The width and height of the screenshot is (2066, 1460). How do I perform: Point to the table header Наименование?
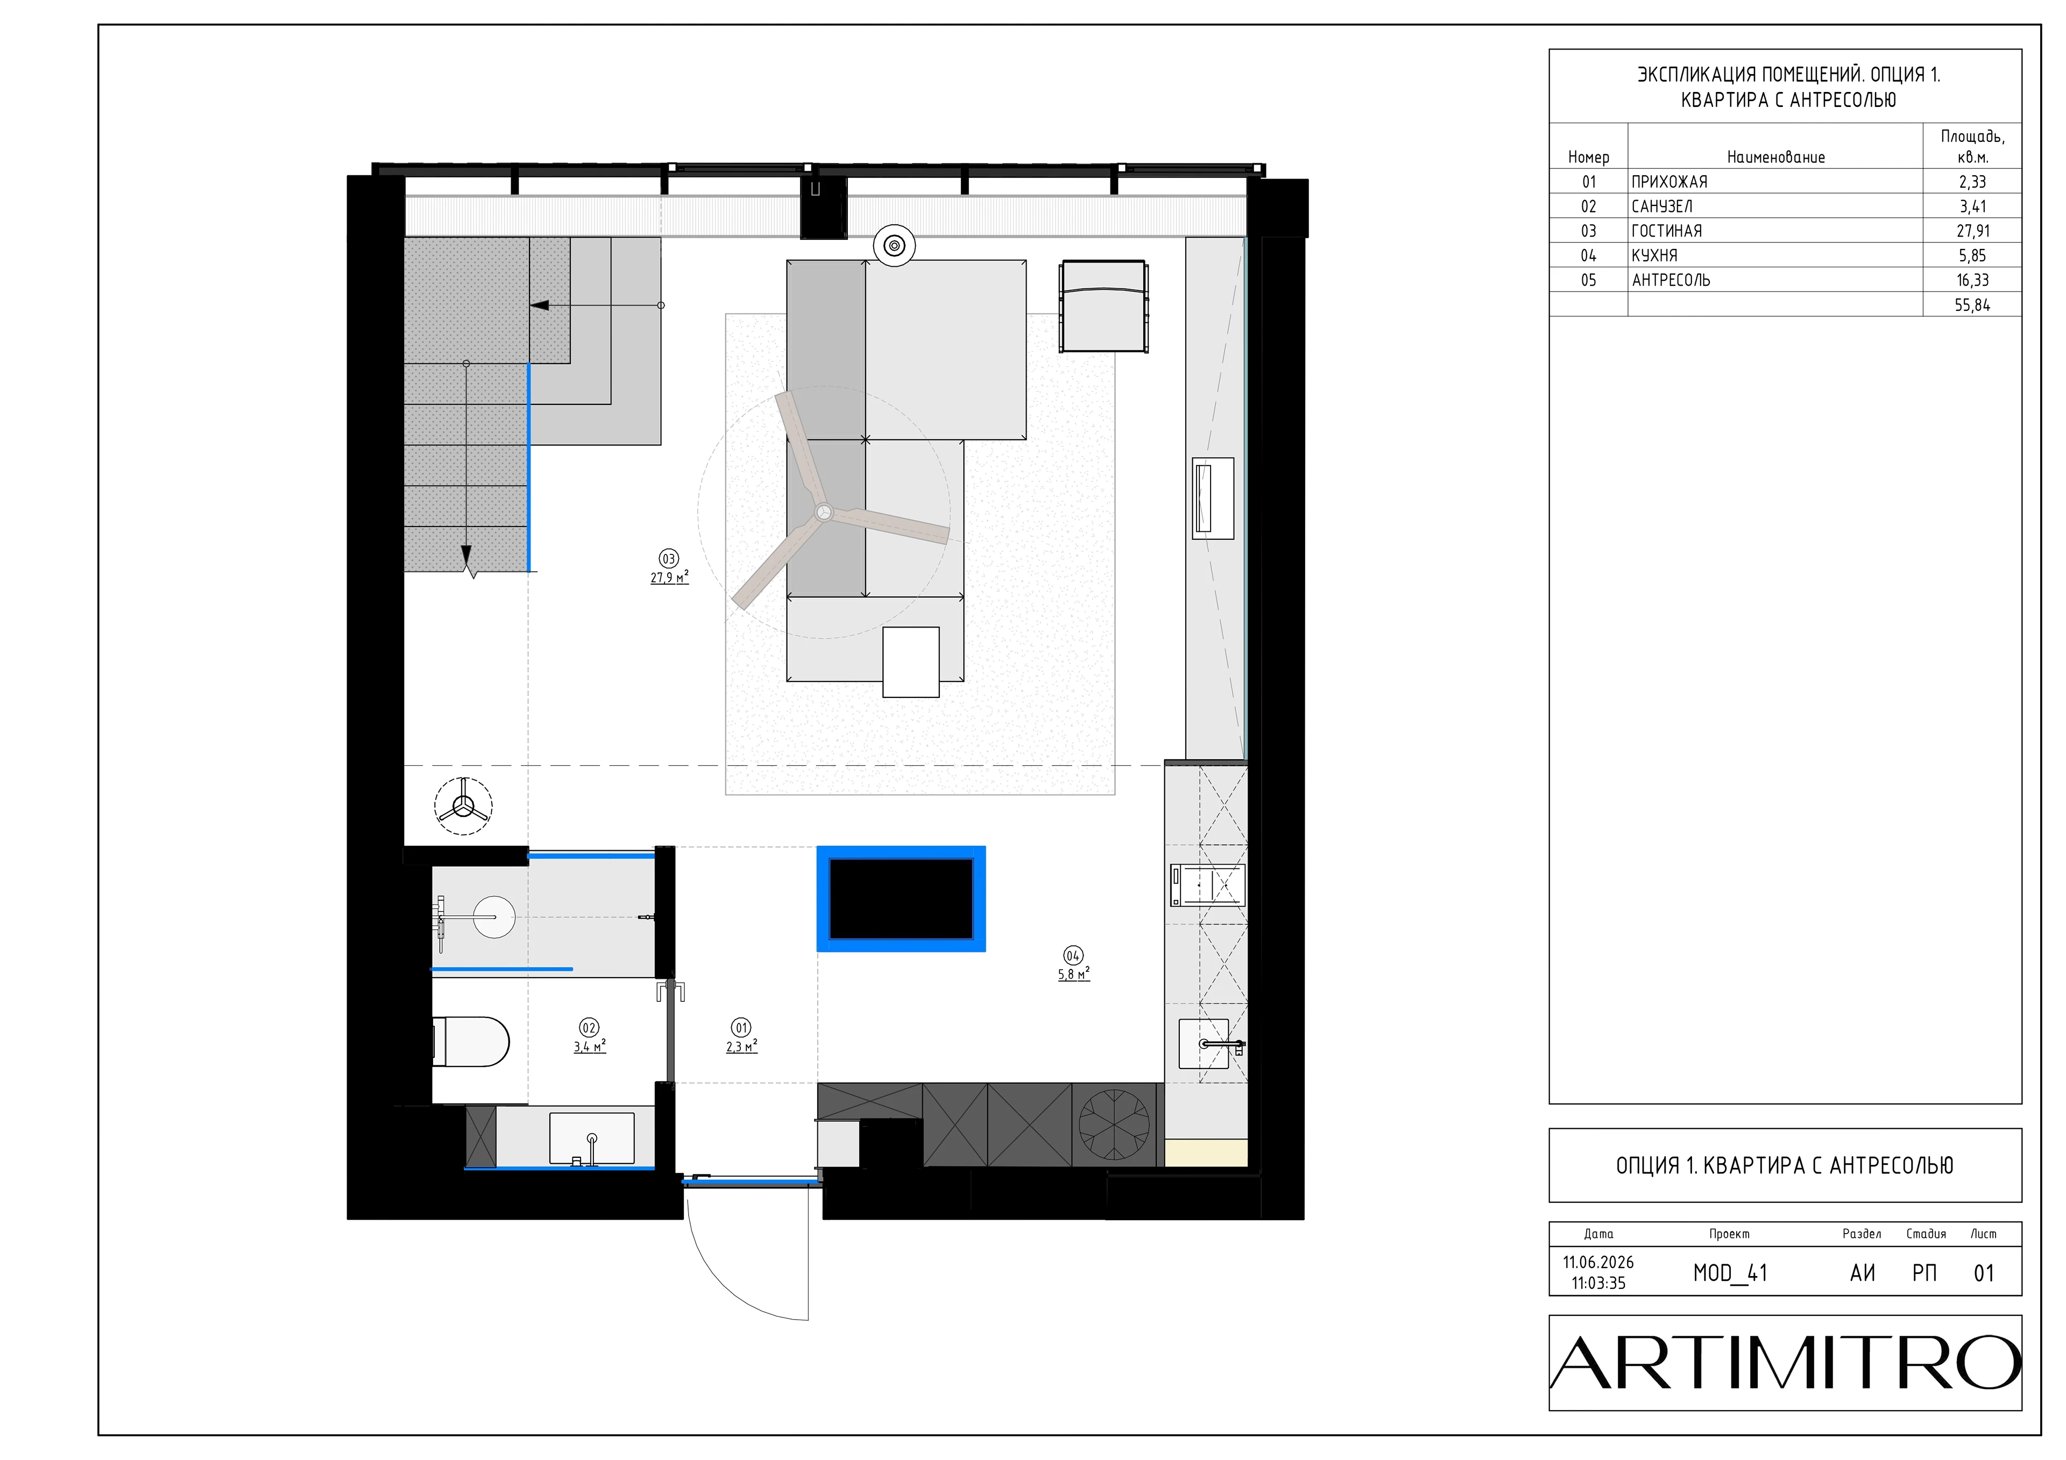point(1775,158)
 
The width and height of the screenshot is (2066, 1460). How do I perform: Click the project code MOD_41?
point(1729,1273)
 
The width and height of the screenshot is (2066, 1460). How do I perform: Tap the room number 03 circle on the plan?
point(669,559)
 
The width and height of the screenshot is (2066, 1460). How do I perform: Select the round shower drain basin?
point(493,917)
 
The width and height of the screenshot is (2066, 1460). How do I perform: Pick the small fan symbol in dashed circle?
point(463,806)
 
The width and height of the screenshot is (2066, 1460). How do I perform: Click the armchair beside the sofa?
point(1104,306)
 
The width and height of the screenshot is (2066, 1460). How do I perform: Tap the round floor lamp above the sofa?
point(894,245)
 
